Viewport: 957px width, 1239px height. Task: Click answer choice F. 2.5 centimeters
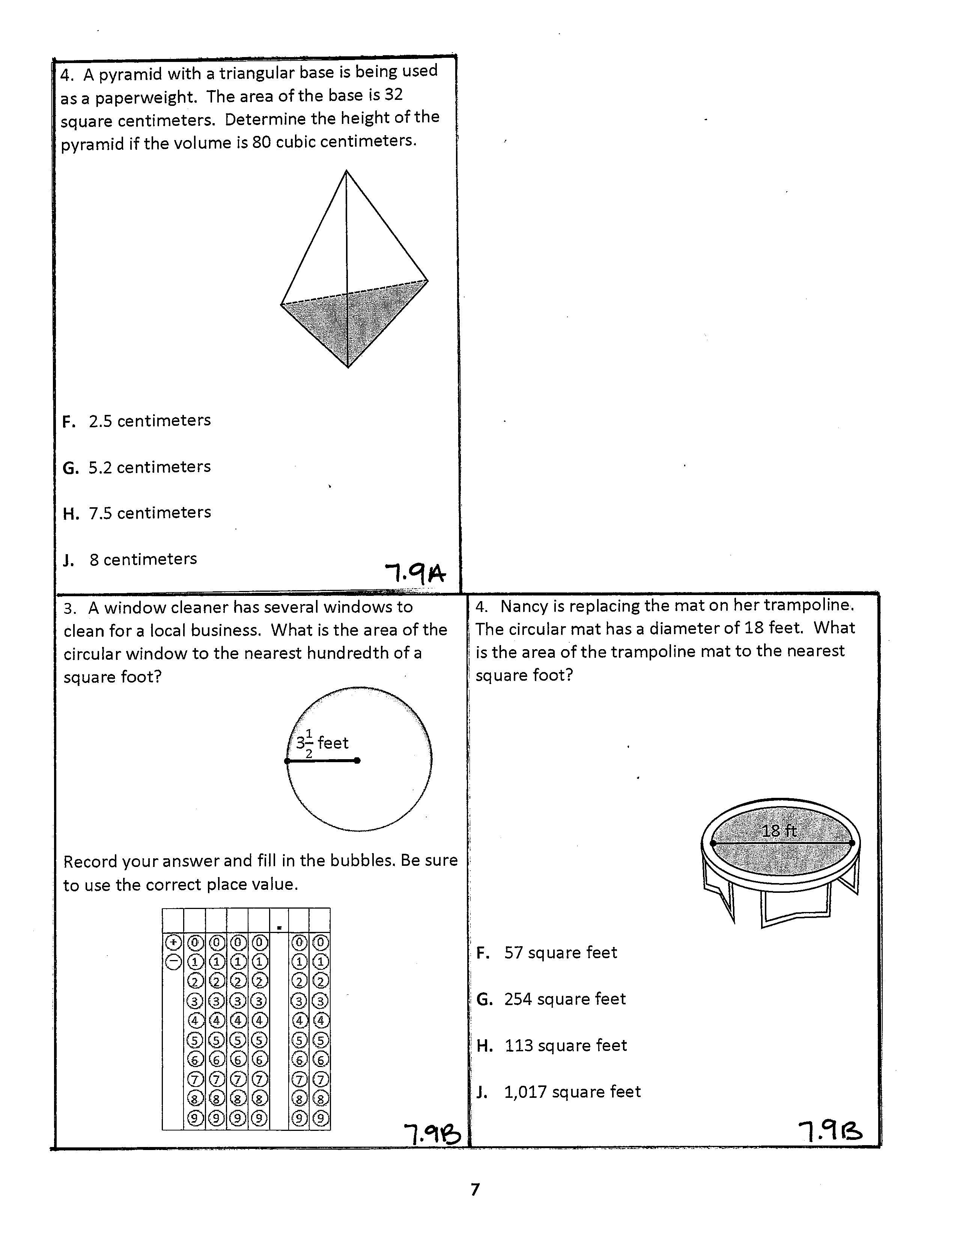(136, 421)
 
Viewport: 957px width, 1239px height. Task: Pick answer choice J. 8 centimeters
(130, 559)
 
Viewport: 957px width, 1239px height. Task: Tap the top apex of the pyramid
(346, 171)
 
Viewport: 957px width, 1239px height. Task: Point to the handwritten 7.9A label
(415, 574)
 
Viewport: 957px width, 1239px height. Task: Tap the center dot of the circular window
(357, 761)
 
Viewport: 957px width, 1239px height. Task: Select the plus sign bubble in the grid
(173, 943)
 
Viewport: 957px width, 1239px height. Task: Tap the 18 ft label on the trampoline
(779, 831)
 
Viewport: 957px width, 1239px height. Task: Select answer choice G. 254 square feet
(551, 999)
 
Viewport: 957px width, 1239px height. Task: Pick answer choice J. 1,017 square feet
(558, 1092)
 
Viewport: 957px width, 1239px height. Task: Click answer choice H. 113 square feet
(552, 1046)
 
